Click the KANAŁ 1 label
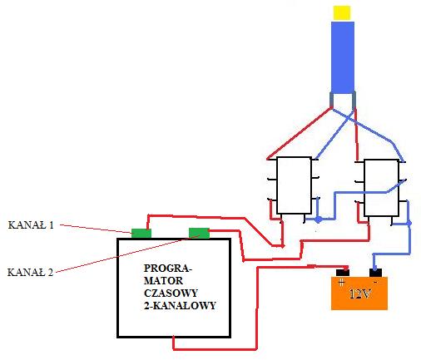coord(31,224)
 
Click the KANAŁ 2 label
coord(30,272)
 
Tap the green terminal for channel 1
coord(141,234)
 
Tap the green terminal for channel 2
coord(199,233)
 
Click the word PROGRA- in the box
coord(167,268)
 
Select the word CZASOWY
coord(171,293)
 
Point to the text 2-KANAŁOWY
coord(180,305)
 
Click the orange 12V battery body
coord(359,293)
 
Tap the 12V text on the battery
coord(360,293)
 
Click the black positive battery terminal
coord(343,273)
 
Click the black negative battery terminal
coord(375,273)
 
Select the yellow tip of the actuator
coord(342,12)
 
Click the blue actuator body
coord(343,57)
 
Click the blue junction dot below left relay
coord(319,219)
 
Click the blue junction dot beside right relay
coord(409,223)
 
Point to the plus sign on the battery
coord(342,283)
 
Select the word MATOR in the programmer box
coord(163,280)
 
